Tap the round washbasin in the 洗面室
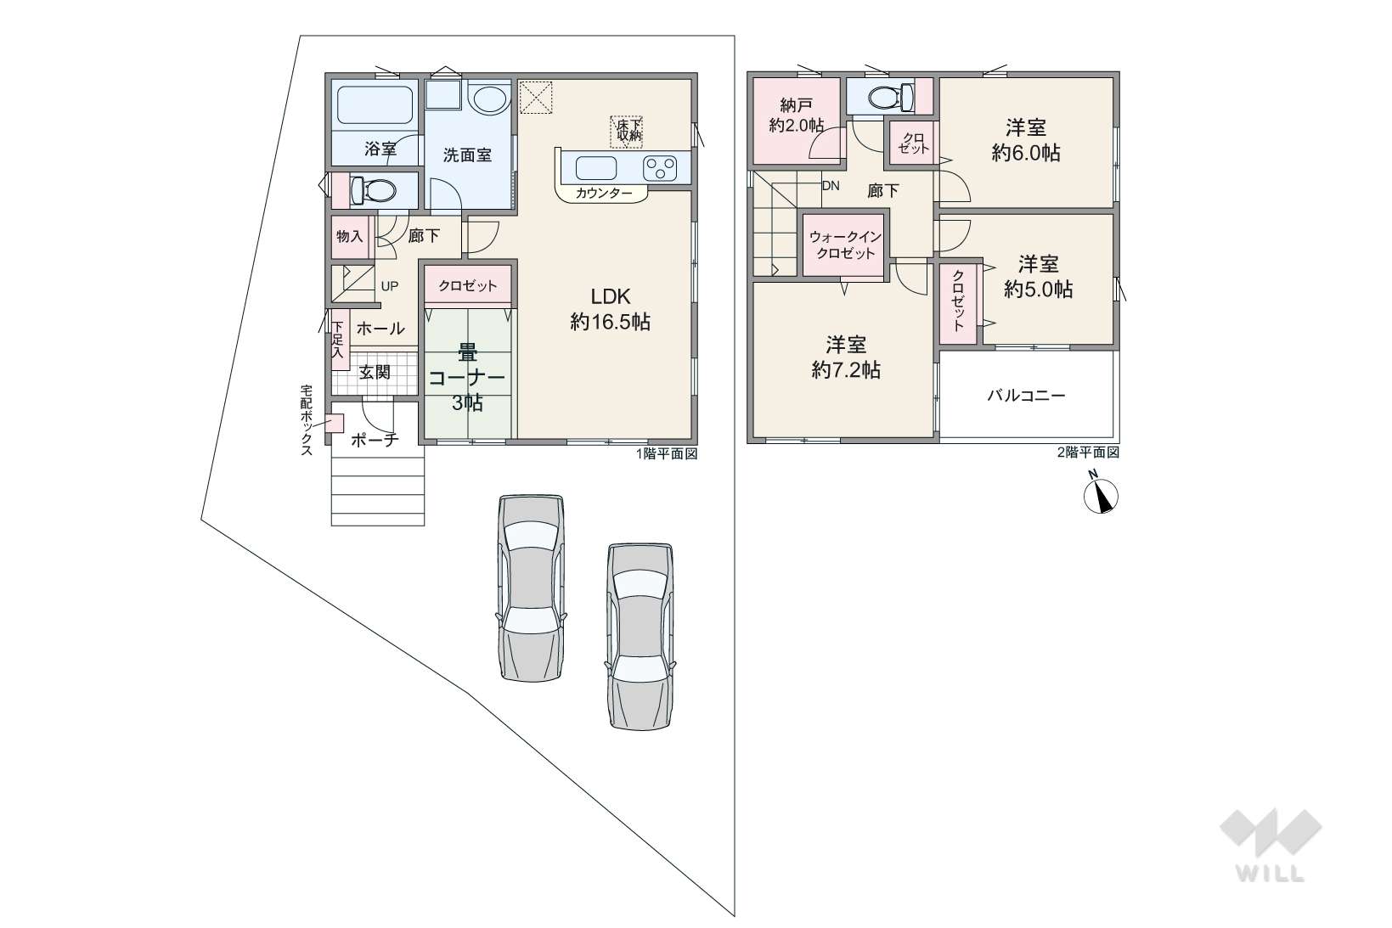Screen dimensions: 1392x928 coord(489,98)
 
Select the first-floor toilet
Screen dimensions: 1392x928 coord(372,190)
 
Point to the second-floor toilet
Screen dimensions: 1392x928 coord(891,97)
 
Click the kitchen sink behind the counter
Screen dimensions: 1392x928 coord(596,168)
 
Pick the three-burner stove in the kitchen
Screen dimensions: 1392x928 coord(660,168)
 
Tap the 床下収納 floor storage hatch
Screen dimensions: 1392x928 coord(626,131)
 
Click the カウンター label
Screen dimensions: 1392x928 coord(603,194)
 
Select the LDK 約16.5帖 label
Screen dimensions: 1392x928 coord(611,309)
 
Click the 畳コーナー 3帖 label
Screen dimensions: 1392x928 coord(467,378)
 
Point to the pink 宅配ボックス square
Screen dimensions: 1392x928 coord(335,423)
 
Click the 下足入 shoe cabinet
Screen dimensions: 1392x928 coord(339,339)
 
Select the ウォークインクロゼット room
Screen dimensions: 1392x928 coord(844,245)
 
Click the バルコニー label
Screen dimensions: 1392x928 coord(1026,395)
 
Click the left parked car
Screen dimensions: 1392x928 coord(532,588)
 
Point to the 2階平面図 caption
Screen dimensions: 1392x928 coord(1088,453)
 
